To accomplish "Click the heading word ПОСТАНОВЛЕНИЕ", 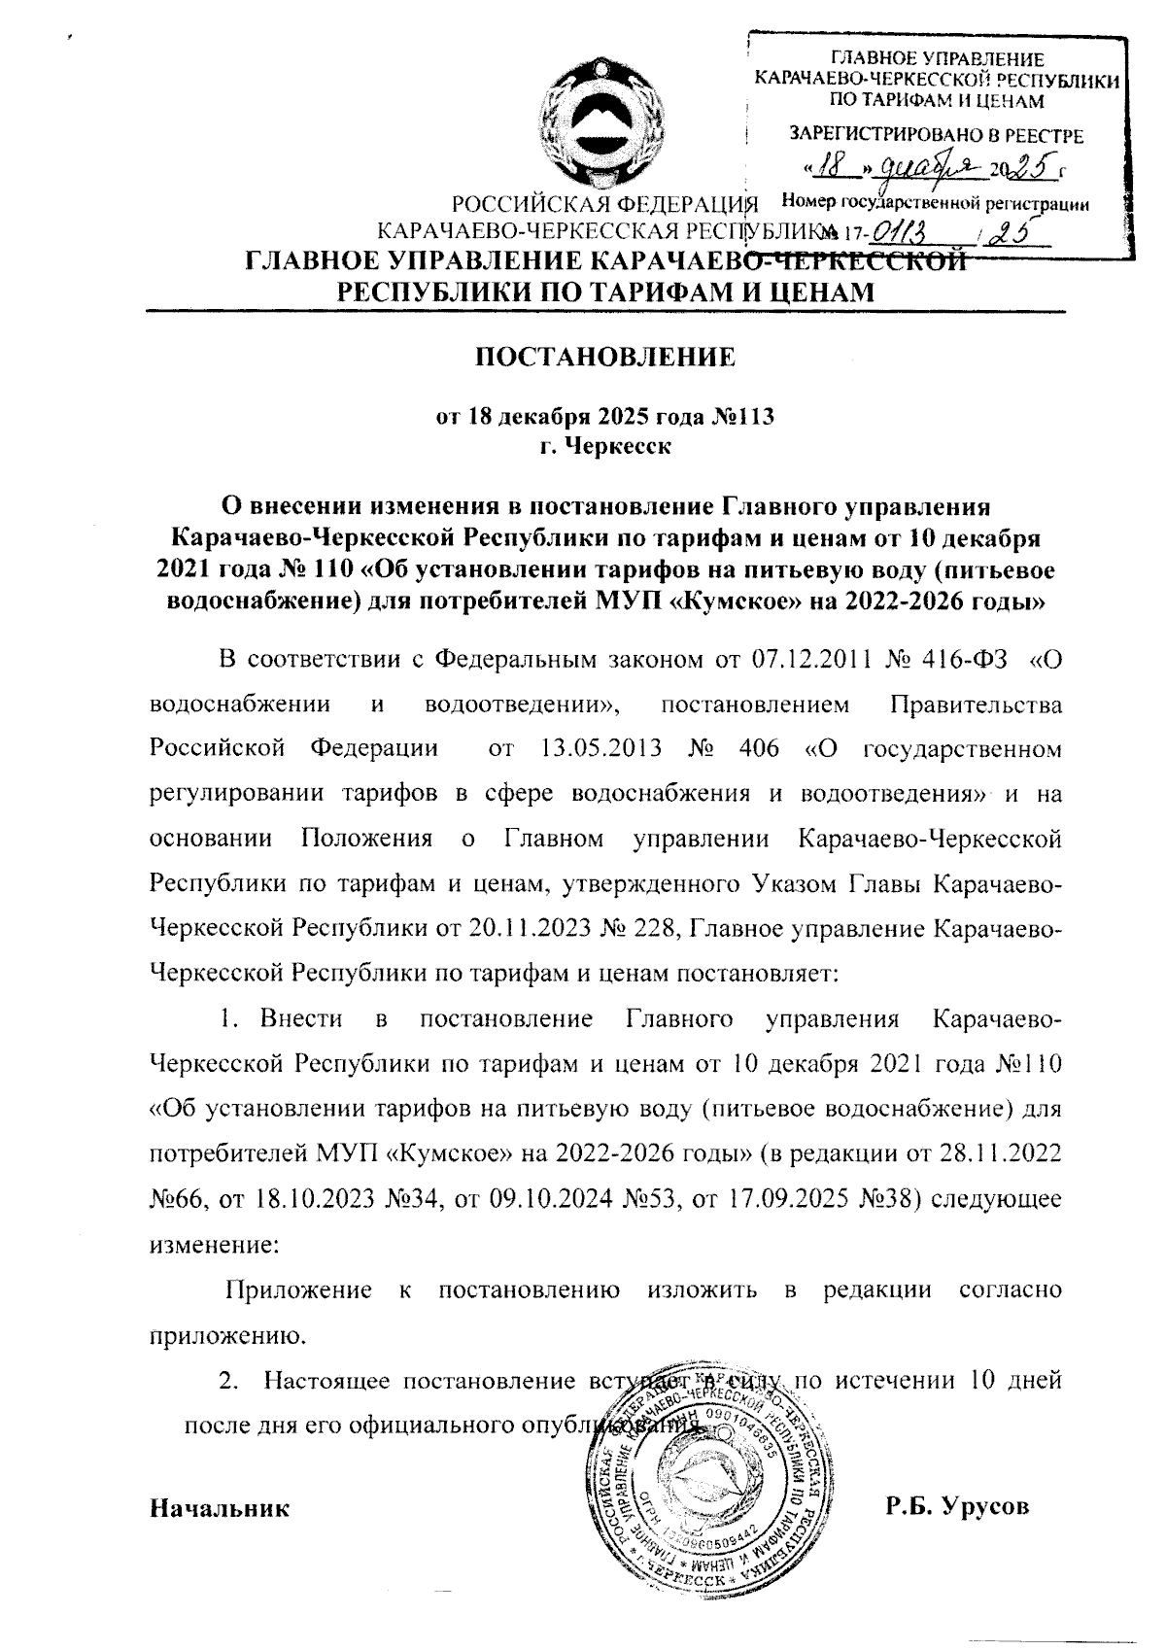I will coord(604,357).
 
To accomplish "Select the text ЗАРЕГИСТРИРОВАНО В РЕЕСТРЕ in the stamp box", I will coord(937,136).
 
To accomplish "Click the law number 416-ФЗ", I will coord(957,660).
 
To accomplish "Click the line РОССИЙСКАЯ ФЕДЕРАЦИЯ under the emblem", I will coord(604,206).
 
